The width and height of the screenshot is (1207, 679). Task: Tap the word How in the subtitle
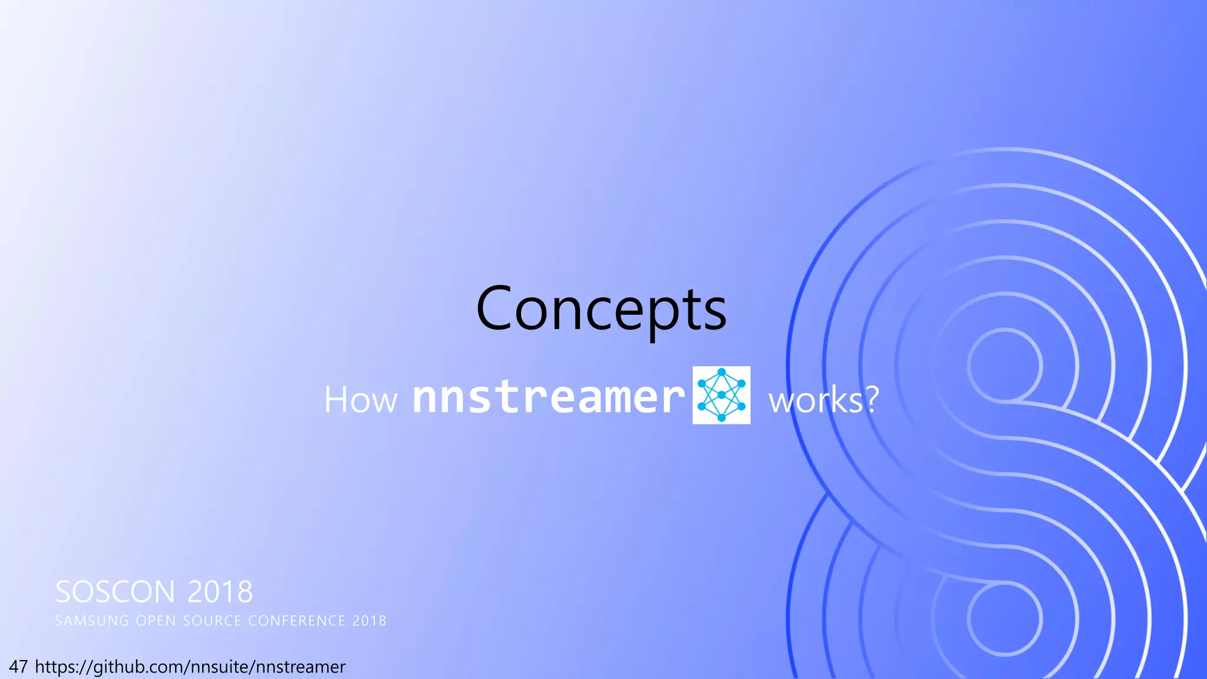pos(361,400)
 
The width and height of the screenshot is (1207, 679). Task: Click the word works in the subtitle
pos(816,400)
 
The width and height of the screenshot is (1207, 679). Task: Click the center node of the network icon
pos(721,395)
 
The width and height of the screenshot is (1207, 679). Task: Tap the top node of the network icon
pos(721,373)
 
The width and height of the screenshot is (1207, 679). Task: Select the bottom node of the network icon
pos(721,418)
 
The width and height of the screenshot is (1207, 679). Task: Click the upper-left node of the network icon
pos(701,384)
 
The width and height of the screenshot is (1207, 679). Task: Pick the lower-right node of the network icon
pos(741,406)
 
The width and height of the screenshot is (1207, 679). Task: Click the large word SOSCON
pos(115,592)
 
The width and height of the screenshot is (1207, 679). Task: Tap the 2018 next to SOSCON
pos(220,592)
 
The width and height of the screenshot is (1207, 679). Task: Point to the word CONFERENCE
pos(296,621)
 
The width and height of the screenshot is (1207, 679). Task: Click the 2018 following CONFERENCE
pos(370,621)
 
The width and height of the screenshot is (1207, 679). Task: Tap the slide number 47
pos(18,667)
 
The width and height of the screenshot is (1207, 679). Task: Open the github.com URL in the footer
pos(190,667)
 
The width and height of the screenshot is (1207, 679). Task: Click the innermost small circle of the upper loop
pos(1004,366)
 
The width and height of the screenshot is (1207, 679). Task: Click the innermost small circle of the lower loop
pos(1004,619)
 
